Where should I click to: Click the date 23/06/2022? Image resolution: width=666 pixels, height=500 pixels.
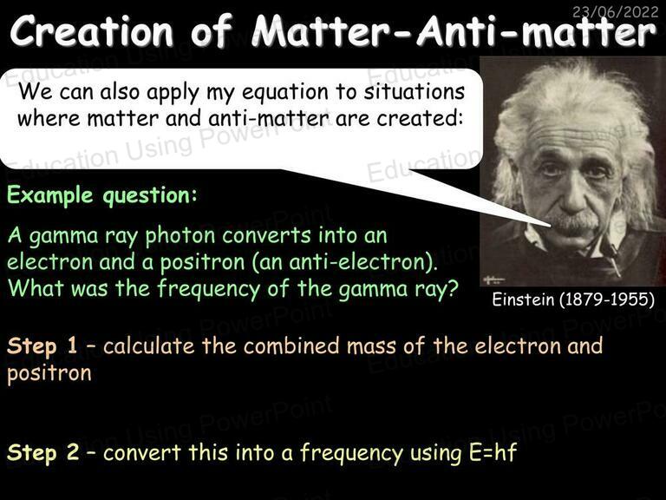click(615, 11)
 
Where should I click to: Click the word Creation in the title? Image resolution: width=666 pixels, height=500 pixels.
click(92, 31)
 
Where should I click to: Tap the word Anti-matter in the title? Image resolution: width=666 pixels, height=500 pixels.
click(537, 31)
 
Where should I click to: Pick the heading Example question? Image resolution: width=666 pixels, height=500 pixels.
click(102, 195)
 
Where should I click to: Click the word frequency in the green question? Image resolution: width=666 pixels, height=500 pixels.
click(208, 290)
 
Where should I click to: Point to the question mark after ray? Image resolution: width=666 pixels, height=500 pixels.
click(452, 288)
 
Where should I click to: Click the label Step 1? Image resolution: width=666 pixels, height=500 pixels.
click(42, 345)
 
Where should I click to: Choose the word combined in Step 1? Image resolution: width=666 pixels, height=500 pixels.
click(291, 345)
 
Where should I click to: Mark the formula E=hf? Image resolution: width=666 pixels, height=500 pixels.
click(493, 451)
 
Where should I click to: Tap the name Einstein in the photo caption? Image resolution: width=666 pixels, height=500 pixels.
click(523, 299)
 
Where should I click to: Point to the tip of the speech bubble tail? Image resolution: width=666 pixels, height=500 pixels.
click(551, 227)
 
